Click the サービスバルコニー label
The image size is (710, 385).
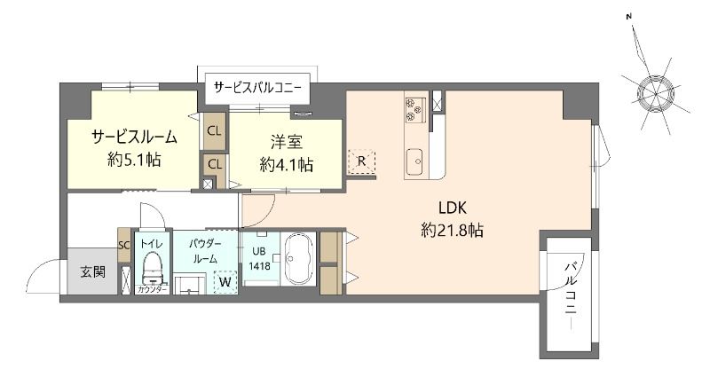(x=257, y=88)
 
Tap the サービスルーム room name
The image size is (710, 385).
(x=133, y=137)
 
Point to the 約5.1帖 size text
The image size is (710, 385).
(x=133, y=161)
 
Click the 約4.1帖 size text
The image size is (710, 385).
(x=286, y=164)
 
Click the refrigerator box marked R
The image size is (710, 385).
(x=362, y=161)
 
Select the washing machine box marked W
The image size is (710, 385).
(x=226, y=282)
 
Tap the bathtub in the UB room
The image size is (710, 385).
(x=297, y=259)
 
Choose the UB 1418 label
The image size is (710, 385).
(x=260, y=258)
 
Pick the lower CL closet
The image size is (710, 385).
(x=214, y=163)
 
